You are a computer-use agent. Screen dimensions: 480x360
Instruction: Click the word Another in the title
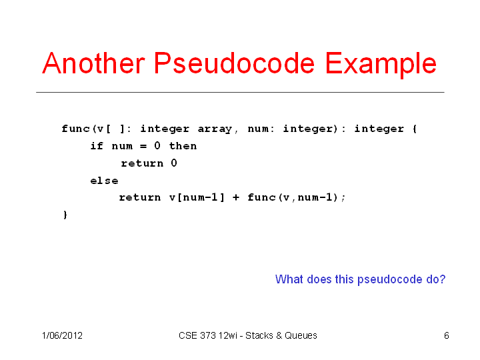93,63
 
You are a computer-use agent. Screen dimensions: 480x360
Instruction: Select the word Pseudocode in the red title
234,63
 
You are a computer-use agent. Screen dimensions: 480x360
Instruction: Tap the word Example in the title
381,65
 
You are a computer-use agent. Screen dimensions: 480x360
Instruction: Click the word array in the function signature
215,129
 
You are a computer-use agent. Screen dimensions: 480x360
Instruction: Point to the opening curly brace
415,129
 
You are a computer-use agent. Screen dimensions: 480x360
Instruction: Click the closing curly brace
65,215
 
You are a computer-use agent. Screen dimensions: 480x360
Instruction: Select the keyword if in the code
97,146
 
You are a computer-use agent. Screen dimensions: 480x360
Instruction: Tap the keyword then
183,146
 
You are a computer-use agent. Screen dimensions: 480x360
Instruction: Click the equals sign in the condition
143,146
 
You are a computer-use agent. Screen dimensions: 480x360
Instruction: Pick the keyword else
104,181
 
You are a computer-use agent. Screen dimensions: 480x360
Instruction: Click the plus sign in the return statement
236,197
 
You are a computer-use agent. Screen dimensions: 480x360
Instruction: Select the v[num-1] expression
197,197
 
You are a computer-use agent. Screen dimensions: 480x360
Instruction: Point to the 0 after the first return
174,163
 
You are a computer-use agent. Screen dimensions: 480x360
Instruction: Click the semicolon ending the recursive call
343,199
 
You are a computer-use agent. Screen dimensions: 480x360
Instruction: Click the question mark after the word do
443,279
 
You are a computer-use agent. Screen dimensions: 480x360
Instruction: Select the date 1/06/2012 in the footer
62,335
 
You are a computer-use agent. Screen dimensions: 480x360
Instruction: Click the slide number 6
446,335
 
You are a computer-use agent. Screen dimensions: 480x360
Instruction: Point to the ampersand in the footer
279,335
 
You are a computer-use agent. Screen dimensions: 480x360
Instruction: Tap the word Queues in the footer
301,335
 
